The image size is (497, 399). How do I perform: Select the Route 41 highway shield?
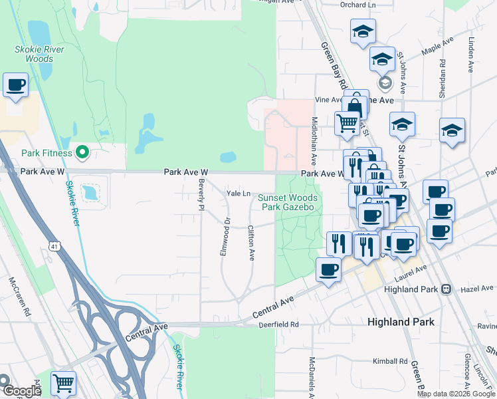[52, 246]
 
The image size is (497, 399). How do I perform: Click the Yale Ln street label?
[238, 194]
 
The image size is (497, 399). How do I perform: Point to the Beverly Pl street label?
[200, 194]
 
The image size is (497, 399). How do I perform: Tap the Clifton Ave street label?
[251, 242]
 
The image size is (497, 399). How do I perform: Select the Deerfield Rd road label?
[279, 325]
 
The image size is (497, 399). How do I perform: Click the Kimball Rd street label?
[390, 361]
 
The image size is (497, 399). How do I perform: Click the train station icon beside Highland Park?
[447, 290]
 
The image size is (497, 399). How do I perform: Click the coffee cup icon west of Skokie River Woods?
[15, 85]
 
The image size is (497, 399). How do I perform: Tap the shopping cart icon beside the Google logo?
[63, 383]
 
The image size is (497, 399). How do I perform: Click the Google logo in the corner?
[22, 391]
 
